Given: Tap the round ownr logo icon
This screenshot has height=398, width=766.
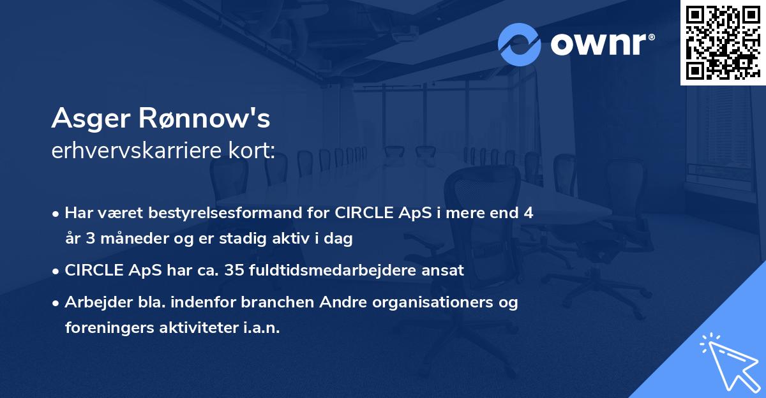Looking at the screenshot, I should tap(520, 43).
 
